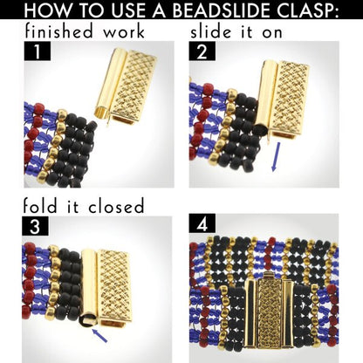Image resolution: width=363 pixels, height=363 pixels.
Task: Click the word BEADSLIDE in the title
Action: click(x=223, y=10)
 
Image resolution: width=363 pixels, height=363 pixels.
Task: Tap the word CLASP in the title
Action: click(x=308, y=10)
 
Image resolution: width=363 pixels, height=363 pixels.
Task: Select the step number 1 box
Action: click(x=38, y=51)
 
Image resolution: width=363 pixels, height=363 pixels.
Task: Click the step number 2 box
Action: click(x=202, y=51)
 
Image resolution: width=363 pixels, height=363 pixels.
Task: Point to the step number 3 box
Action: click(x=35, y=226)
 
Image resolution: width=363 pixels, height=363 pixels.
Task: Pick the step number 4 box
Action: click(x=202, y=223)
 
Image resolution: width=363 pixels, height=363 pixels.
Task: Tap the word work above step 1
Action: click(x=124, y=33)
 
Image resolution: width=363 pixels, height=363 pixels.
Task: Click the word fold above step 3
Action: click(x=40, y=206)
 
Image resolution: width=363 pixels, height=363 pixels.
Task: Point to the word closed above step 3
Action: click(x=116, y=206)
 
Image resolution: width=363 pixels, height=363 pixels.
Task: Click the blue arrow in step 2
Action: click(x=276, y=157)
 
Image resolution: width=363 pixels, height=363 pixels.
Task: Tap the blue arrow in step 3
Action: click(x=99, y=334)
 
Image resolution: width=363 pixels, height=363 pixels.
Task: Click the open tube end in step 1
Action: click(x=102, y=113)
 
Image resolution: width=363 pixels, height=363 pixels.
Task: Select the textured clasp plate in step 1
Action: click(x=134, y=86)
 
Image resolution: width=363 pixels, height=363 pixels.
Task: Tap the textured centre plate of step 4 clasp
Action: click(x=270, y=315)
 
